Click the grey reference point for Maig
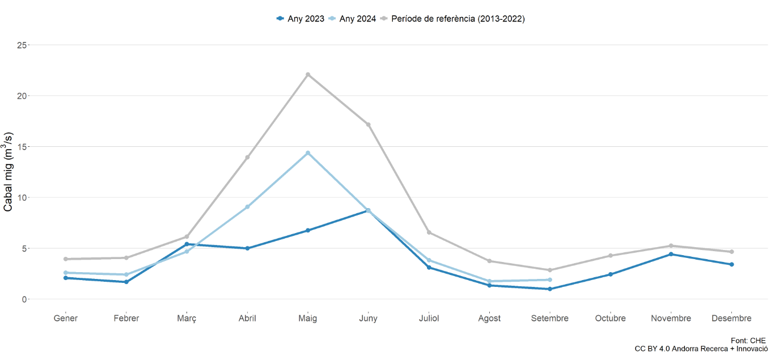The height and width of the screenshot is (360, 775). pos(308,74)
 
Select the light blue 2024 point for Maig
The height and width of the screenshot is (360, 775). pos(308,153)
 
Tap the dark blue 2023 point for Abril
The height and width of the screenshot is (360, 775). pos(247,248)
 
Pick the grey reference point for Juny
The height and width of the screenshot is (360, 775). pos(368,125)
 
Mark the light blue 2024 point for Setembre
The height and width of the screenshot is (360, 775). pos(550,279)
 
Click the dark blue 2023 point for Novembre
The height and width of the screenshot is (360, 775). pos(671,254)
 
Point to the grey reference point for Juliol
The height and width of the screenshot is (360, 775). pos(429,232)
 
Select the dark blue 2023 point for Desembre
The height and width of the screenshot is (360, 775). pos(731,264)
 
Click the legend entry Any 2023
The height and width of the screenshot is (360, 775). pos(300,19)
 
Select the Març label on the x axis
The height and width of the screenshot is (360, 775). pos(187,318)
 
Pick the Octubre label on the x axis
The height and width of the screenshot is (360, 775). pos(610,318)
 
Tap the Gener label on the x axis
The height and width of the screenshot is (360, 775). pos(66,318)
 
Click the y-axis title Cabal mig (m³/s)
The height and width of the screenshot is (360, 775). pos(9,172)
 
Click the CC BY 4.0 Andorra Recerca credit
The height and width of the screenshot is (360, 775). pos(701,349)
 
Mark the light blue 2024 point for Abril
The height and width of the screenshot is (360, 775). pos(247,207)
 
